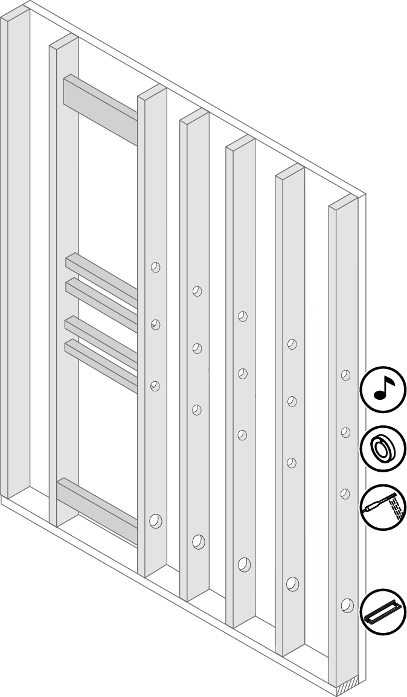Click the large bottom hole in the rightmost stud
(x=347, y=605)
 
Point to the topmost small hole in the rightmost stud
(x=345, y=375)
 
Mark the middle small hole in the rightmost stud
(x=346, y=432)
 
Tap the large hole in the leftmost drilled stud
(x=155, y=520)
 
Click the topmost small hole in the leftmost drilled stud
(x=155, y=266)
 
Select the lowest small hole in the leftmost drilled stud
(x=155, y=385)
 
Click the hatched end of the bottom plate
(x=348, y=687)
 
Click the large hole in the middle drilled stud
(x=244, y=564)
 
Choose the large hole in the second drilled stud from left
(x=198, y=542)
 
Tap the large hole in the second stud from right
(x=292, y=584)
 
